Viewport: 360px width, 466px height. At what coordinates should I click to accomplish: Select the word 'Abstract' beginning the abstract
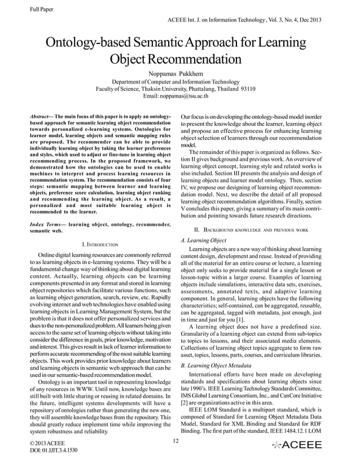42,115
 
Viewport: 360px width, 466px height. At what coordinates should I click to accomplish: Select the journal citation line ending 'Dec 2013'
245,20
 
